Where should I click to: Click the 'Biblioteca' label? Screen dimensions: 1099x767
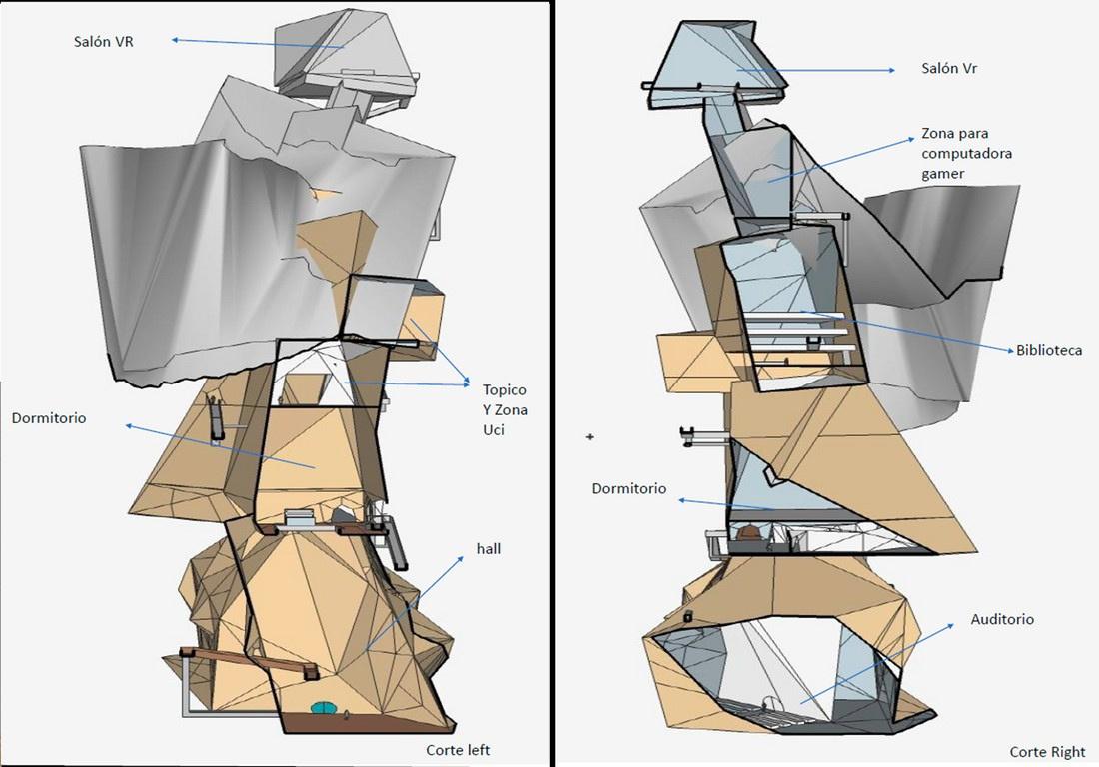(x=1045, y=351)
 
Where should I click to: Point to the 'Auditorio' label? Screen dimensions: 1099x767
(x=1002, y=619)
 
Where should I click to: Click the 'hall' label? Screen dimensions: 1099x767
(x=491, y=547)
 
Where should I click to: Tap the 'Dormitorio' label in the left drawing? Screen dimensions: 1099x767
(x=49, y=418)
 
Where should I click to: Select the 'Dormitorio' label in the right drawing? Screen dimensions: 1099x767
(x=629, y=489)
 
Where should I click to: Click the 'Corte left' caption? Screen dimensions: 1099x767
(x=458, y=750)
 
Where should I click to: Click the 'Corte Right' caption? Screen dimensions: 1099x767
(x=1045, y=751)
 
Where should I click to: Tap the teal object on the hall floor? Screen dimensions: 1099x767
(x=324, y=708)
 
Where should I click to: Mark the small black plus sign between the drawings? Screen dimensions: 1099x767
(x=590, y=437)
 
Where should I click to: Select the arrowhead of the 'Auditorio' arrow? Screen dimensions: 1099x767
(x=951, y=626)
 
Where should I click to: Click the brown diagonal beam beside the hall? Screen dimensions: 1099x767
(x=250, y=661)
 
